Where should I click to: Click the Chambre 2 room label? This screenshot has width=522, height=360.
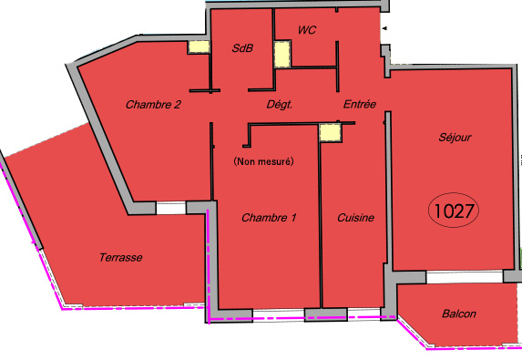click(x=153, y=105)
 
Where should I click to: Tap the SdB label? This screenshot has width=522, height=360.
click(x=242, y=48)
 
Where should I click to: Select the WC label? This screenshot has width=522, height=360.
click(x=307, y=30)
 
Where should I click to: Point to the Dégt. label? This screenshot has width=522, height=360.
click(x=280, y=105)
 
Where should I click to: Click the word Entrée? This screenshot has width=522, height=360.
click(x=360, y=104)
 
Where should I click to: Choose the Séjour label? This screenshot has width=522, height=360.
click(x=455, y=138)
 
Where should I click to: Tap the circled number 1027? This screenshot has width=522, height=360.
click(x=454, y=211)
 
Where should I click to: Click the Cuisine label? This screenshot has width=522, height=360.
click(x=355, y=218)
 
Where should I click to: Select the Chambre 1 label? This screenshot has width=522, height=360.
click(x=269, y=218)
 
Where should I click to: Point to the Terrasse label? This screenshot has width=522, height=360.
click(x=121, y=257)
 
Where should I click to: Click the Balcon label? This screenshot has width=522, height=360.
click(x=459, y=314)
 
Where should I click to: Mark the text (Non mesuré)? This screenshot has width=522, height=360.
click(x=263, y=161)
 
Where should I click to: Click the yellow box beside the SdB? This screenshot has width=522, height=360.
click(x=199, y=47)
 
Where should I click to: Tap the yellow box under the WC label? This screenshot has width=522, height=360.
click(x=282, y=54)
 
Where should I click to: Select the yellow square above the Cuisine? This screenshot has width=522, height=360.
click(x=331, y=132)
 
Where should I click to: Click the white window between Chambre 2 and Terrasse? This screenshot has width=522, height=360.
click(x=171, y=208)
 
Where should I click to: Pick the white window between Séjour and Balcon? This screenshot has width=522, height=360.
click(x=465, y=277)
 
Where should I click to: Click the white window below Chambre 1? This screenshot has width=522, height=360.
click(x=279, y=315)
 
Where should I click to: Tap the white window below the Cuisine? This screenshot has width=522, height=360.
click(x=363, y=314)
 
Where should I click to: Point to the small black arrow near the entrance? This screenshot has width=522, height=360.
click(x=384, y=28)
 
